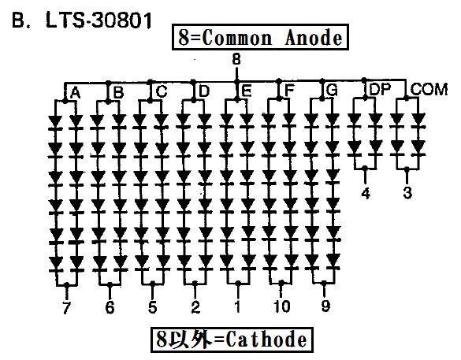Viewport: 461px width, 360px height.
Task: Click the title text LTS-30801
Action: tap(99, 20)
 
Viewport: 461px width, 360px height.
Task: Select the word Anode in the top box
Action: tap(314, 38)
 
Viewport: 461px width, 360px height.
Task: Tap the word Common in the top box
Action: tap(237, 38)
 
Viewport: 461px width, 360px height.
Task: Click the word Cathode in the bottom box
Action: tap(266, 340)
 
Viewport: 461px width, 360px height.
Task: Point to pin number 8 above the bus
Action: tap(236, 59)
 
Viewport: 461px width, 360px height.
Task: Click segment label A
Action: tap(76, 94)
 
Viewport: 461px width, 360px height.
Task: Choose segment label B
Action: tap(118, 93)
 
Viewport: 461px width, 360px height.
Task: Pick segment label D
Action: tap(204, 91)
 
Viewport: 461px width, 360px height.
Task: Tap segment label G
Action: tap(332, 90)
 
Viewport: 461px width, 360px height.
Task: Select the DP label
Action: tap(380, 89)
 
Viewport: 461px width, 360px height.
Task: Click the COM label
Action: tap(429, 89)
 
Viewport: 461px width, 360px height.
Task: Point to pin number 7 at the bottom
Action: tap(67, 308)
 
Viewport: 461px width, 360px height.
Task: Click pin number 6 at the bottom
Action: tap(110, 307)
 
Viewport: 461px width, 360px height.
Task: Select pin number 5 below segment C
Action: tap(152, 307)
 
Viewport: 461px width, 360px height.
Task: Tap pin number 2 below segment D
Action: tap(195, 307)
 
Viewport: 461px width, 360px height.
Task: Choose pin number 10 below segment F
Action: tap(281, 306)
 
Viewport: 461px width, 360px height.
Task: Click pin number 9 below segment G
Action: tap(325, 306)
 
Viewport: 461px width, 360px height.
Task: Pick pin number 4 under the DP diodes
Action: tap(365, 193)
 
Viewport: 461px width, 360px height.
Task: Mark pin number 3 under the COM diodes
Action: tap(407, 193)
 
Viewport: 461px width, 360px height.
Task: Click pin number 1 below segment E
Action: tap(237, 306)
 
